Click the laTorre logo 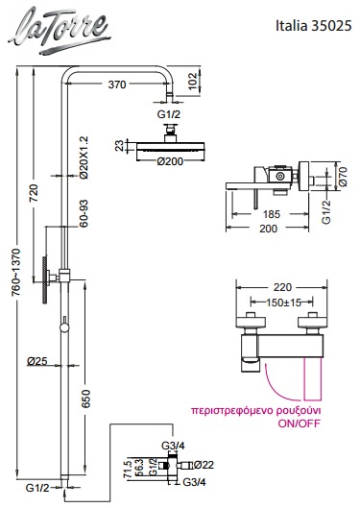(60, 30)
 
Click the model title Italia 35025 (313, 26)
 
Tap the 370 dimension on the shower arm (117, 85)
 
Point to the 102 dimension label (193, 82)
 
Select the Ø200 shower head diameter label (170, 161)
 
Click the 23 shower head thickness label (120, 145)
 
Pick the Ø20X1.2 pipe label (84, 157)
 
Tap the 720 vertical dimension (34, 193)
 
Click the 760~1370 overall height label (16, 272)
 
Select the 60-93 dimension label (84, 213)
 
